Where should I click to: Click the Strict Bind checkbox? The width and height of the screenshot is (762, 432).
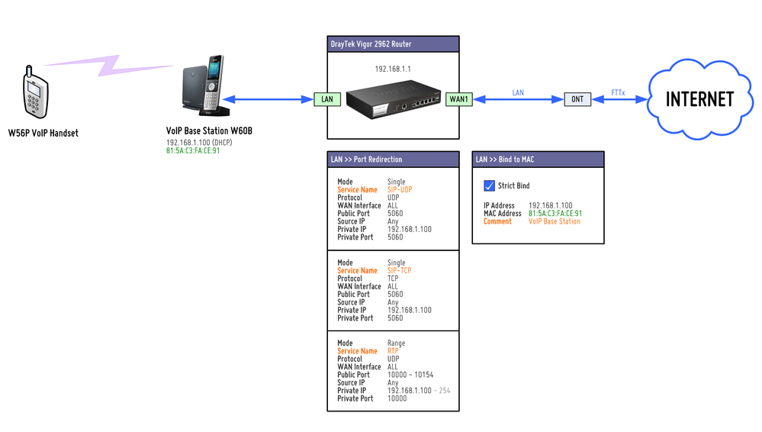point(490,185)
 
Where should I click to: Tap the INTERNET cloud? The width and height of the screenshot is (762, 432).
point(699,99)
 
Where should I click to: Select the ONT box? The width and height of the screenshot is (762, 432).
point(577,99)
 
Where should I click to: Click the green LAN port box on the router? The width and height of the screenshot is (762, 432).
point(327,99)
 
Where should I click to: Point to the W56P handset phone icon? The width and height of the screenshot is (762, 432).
point(33,94)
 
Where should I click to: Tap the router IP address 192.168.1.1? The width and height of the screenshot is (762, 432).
point(393,69)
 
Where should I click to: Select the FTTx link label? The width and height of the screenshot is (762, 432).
point(618,92)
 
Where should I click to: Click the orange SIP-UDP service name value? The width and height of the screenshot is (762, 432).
point(400,190)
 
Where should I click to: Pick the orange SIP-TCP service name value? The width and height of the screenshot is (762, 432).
point(399,271)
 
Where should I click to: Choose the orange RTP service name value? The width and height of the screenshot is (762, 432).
point(393,351)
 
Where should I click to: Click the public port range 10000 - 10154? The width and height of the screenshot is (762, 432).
point(410,375)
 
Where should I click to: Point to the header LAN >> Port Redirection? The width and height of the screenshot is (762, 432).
point(366,160)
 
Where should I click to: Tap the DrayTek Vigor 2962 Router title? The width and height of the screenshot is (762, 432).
point(370,44)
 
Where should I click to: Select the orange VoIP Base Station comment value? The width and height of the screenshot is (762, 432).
point(554,221)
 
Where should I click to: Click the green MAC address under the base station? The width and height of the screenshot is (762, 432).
point(193,150)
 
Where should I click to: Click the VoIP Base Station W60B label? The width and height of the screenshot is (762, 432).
point(209,131)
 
